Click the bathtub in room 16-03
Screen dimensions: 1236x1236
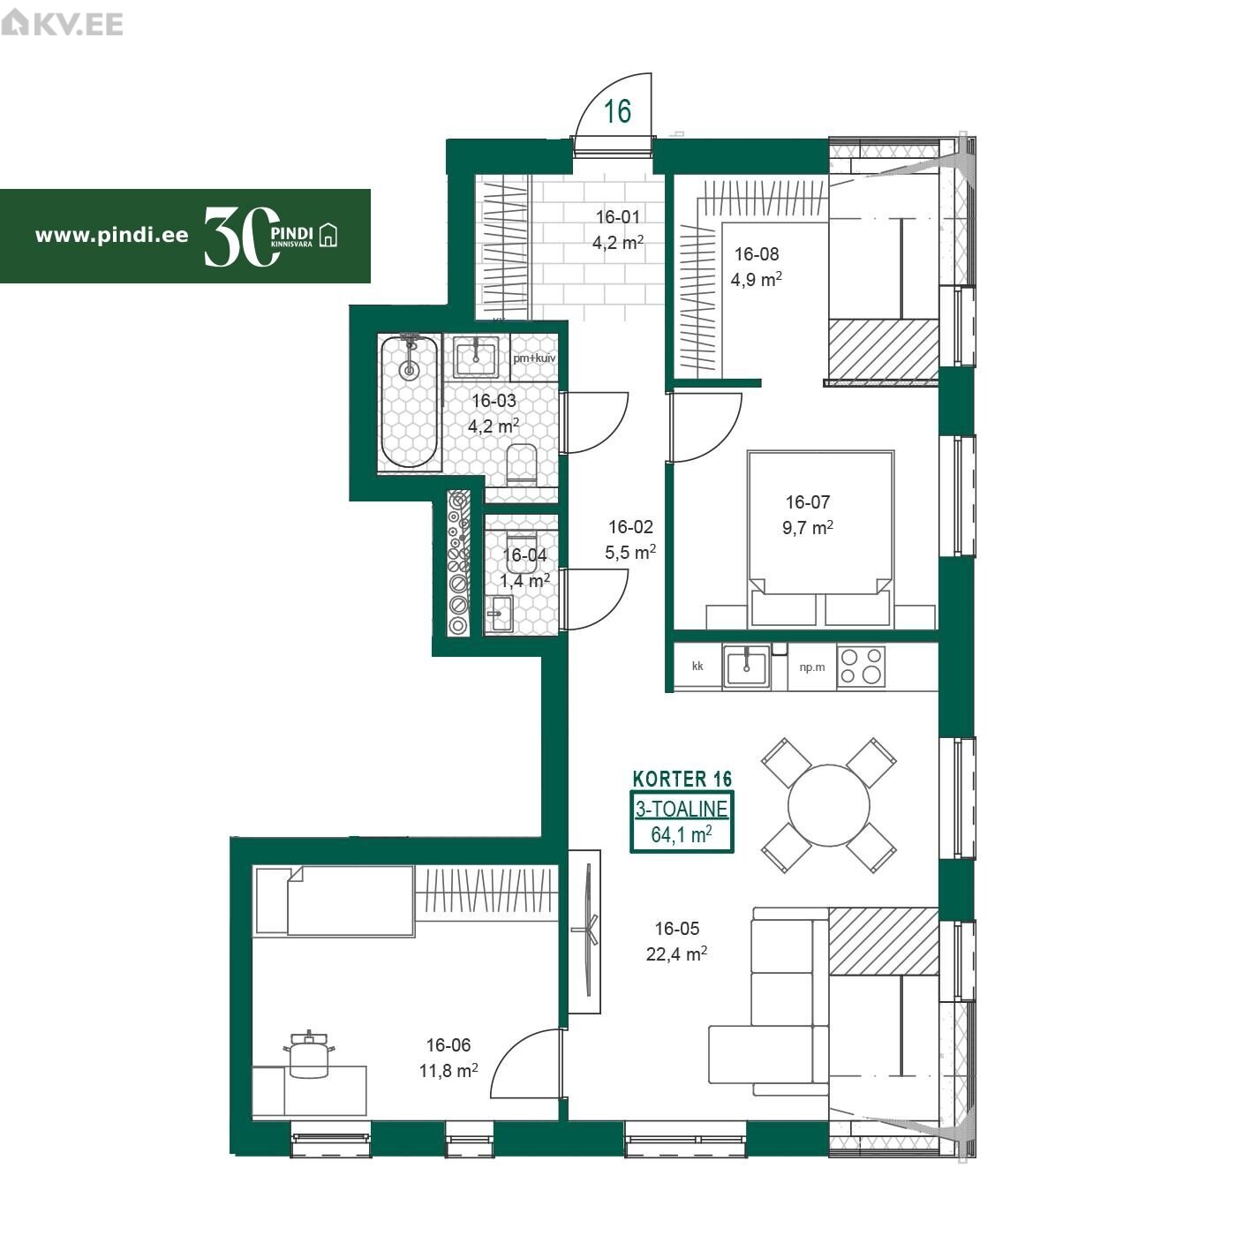click(x=411, y=403)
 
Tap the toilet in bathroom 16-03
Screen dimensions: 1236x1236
click(x=522, y=463)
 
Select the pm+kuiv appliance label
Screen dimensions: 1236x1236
click(x=534, y=358)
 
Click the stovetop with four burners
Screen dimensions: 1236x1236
click(x=862, y=667)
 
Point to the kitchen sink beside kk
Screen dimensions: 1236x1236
click(x=747, y=667)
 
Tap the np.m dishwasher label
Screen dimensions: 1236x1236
click(x=812, y=667)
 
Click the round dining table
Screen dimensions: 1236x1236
click(x=829, y=806)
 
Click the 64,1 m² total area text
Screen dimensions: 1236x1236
click(x=682, y=834)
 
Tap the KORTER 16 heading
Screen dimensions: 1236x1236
click(x=682, y=779)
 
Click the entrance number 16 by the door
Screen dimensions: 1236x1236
click(x=618, y=111)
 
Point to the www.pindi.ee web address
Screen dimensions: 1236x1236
click(x=111, y=236)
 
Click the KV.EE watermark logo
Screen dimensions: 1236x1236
click(x=62, y=24)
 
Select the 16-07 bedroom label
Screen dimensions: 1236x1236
click(x=808, y=501)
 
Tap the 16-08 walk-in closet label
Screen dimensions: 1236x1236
click(x=757, y=254)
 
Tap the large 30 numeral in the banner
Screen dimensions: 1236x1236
click(x=242, y=236)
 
